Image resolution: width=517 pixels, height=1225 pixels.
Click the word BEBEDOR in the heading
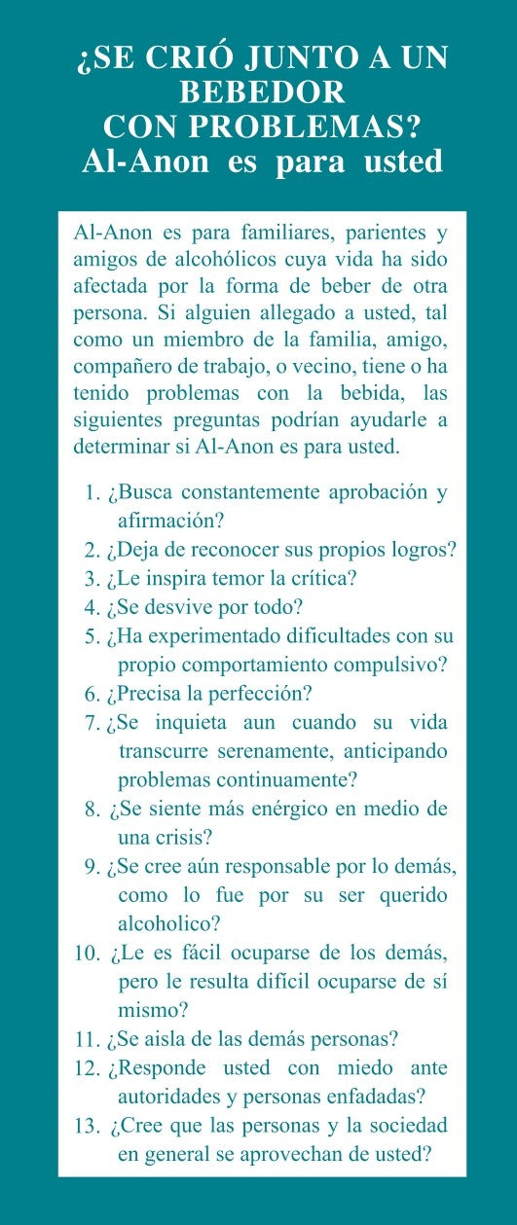click(262, 91)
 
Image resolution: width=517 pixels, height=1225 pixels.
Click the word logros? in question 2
click(421, 549)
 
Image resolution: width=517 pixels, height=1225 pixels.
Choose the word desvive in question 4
click(178, 607)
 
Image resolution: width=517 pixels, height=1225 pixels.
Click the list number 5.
click(92, 636)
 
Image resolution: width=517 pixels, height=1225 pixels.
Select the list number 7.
click(92, 724)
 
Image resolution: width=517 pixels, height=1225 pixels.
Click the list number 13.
click(86, 1126)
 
